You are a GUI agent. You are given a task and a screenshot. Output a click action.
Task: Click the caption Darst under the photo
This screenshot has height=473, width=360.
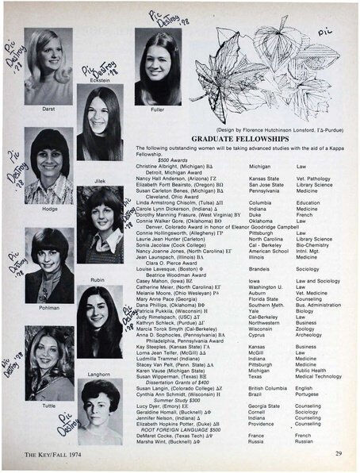[48, 107]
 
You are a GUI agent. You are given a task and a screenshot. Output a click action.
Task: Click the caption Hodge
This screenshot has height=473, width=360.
[47, 210]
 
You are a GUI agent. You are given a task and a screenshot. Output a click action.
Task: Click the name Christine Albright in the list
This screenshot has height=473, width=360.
[155, 167]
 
